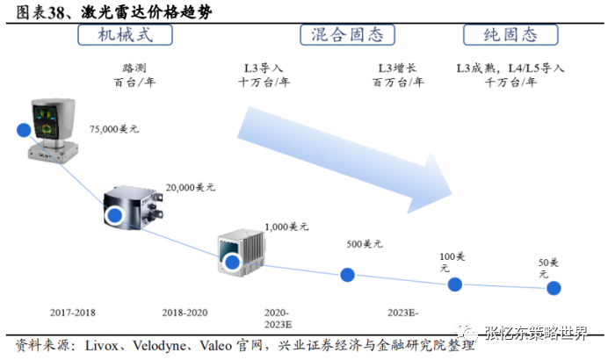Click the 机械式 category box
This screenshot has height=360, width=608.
(124, 34)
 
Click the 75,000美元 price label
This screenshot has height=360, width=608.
(114, 129)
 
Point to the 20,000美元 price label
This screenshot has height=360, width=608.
(191, 187)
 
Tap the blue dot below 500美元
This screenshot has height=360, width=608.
(347, 275)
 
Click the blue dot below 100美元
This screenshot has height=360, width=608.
(454, 284)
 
